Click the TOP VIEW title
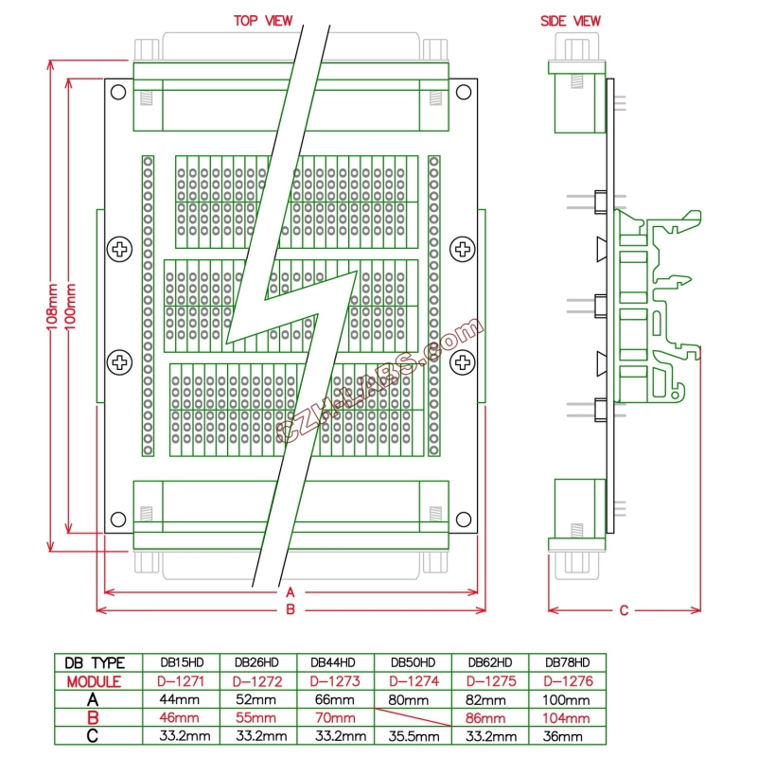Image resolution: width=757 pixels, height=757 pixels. point(263,21)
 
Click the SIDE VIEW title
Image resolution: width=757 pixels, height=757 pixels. point(570,21)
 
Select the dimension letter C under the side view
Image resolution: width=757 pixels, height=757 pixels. point(624,610)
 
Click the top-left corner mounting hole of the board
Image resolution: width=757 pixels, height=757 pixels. point(117,92)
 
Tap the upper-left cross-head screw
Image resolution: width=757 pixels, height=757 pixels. point(120,250)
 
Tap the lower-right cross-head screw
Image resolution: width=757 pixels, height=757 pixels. point(462,361)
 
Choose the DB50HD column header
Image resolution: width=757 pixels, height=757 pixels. point(413,662)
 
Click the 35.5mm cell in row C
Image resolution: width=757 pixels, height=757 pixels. point(413,736)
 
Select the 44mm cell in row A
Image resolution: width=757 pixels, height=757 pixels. point(180,699)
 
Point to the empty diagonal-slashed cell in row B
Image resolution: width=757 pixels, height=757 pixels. point(413,718)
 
